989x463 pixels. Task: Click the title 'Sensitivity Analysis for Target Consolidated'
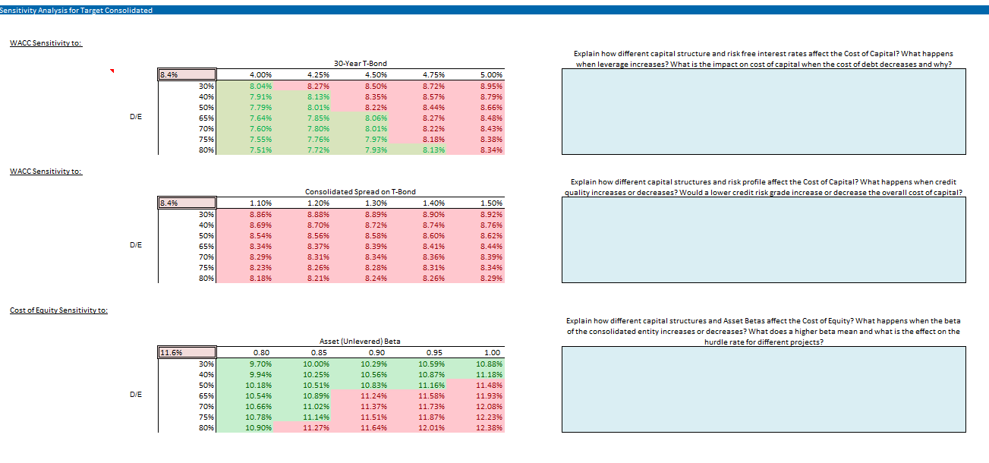coord(76,10)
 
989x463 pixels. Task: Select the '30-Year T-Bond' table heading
coord(361,64)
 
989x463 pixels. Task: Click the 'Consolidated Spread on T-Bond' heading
coord(361,192)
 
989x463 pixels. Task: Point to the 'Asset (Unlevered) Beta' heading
coord(360,342)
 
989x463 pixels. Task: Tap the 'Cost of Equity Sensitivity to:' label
coord(58,310)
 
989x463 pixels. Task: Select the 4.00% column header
coord(260,75)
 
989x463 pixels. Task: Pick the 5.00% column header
coord(491,75)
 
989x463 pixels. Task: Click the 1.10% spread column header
coord(260,203)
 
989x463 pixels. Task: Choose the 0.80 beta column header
coord(260,352)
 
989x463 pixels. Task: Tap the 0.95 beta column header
coord(433,352)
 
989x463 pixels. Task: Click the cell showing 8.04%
coord(260,87)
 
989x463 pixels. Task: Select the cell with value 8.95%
coord(491,87)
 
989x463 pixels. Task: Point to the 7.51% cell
coord(260,150)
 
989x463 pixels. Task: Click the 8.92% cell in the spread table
coord(491,215)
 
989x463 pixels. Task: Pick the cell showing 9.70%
coord(260,364)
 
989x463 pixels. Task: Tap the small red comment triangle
coord(112,72)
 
